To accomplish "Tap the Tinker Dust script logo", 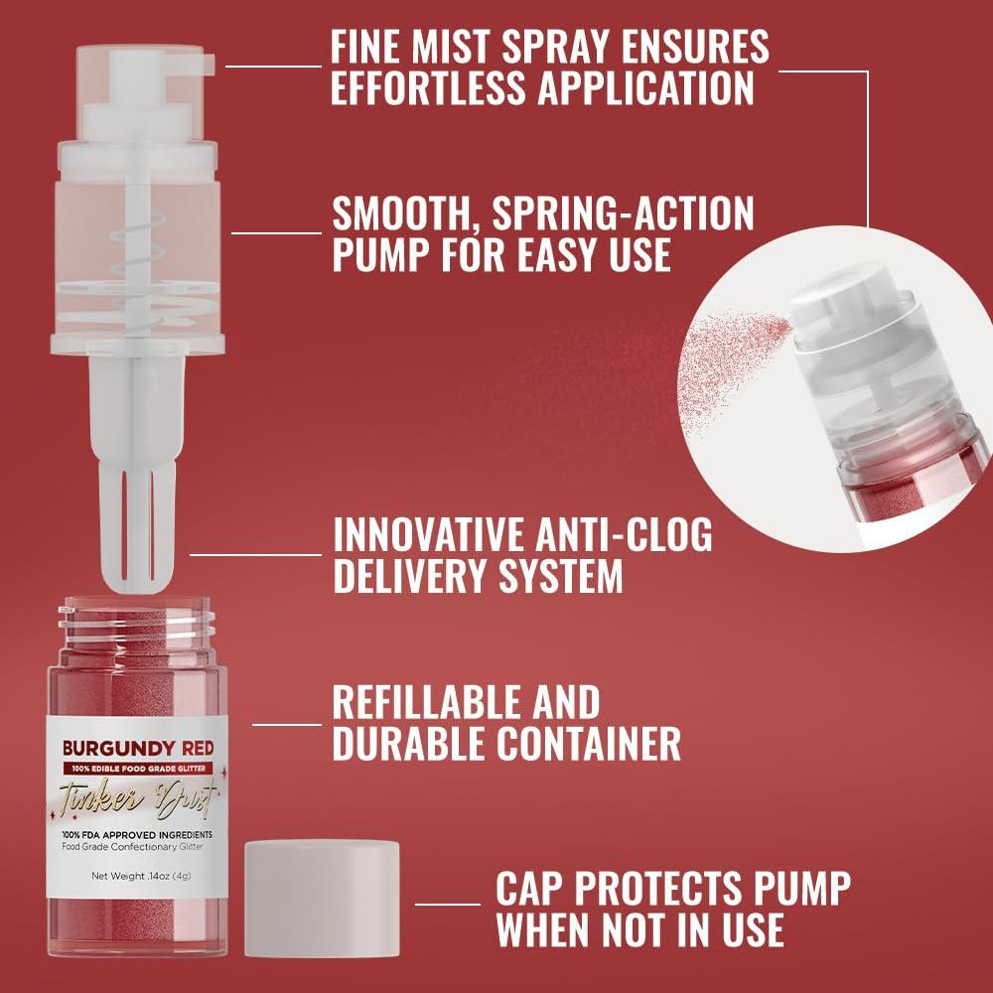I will pyautogui.click(x=138, y=797).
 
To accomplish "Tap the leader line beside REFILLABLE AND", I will pyautogui.click(x=287, y=724).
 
